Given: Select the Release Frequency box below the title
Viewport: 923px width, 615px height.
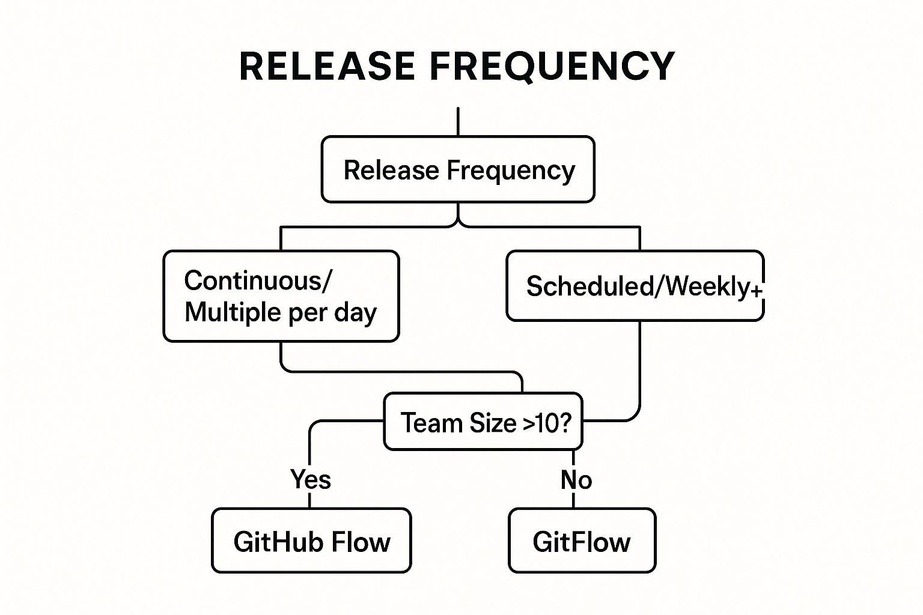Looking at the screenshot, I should [x=458, y=169].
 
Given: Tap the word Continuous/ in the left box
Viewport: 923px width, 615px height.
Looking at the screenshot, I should [x=257, y=280].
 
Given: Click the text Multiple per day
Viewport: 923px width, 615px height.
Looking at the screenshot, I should [x=281, y=312].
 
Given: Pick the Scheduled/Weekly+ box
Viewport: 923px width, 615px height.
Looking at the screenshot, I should [x=635, y=286].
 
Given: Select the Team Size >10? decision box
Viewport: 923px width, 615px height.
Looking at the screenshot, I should [x=483, y=422].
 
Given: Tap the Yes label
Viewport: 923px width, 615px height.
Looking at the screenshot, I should [x=310, y=479].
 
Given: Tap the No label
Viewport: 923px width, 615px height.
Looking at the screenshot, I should [x=576, y=480].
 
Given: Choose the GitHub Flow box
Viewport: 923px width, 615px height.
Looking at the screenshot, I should [x=311, y=541].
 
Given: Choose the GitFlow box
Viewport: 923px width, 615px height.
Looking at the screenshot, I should [x=582, y=541].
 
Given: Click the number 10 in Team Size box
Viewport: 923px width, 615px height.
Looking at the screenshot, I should [x=546, y=423].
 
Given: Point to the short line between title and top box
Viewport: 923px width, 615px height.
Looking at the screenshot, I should [x=458, y=121].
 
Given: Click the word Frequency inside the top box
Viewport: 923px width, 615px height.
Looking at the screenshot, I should [x=510, y=171].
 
